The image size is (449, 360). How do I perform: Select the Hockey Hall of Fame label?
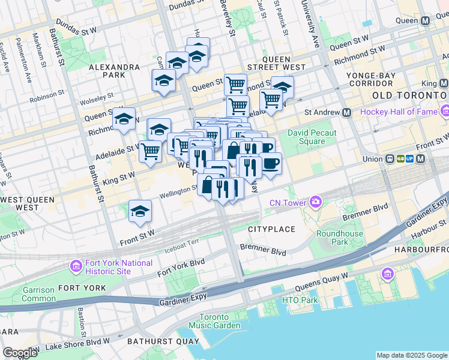[399, 112]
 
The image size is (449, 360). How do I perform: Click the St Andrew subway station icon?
[346, 112]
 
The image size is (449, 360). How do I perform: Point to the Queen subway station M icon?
[426, 20]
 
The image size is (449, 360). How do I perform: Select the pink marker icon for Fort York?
[76, 266]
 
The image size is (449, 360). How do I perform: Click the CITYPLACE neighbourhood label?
[271, 229]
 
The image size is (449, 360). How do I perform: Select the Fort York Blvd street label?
[181, 267]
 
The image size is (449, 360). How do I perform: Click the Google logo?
[20, 352]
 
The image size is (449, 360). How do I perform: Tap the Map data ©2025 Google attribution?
[411, 355]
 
